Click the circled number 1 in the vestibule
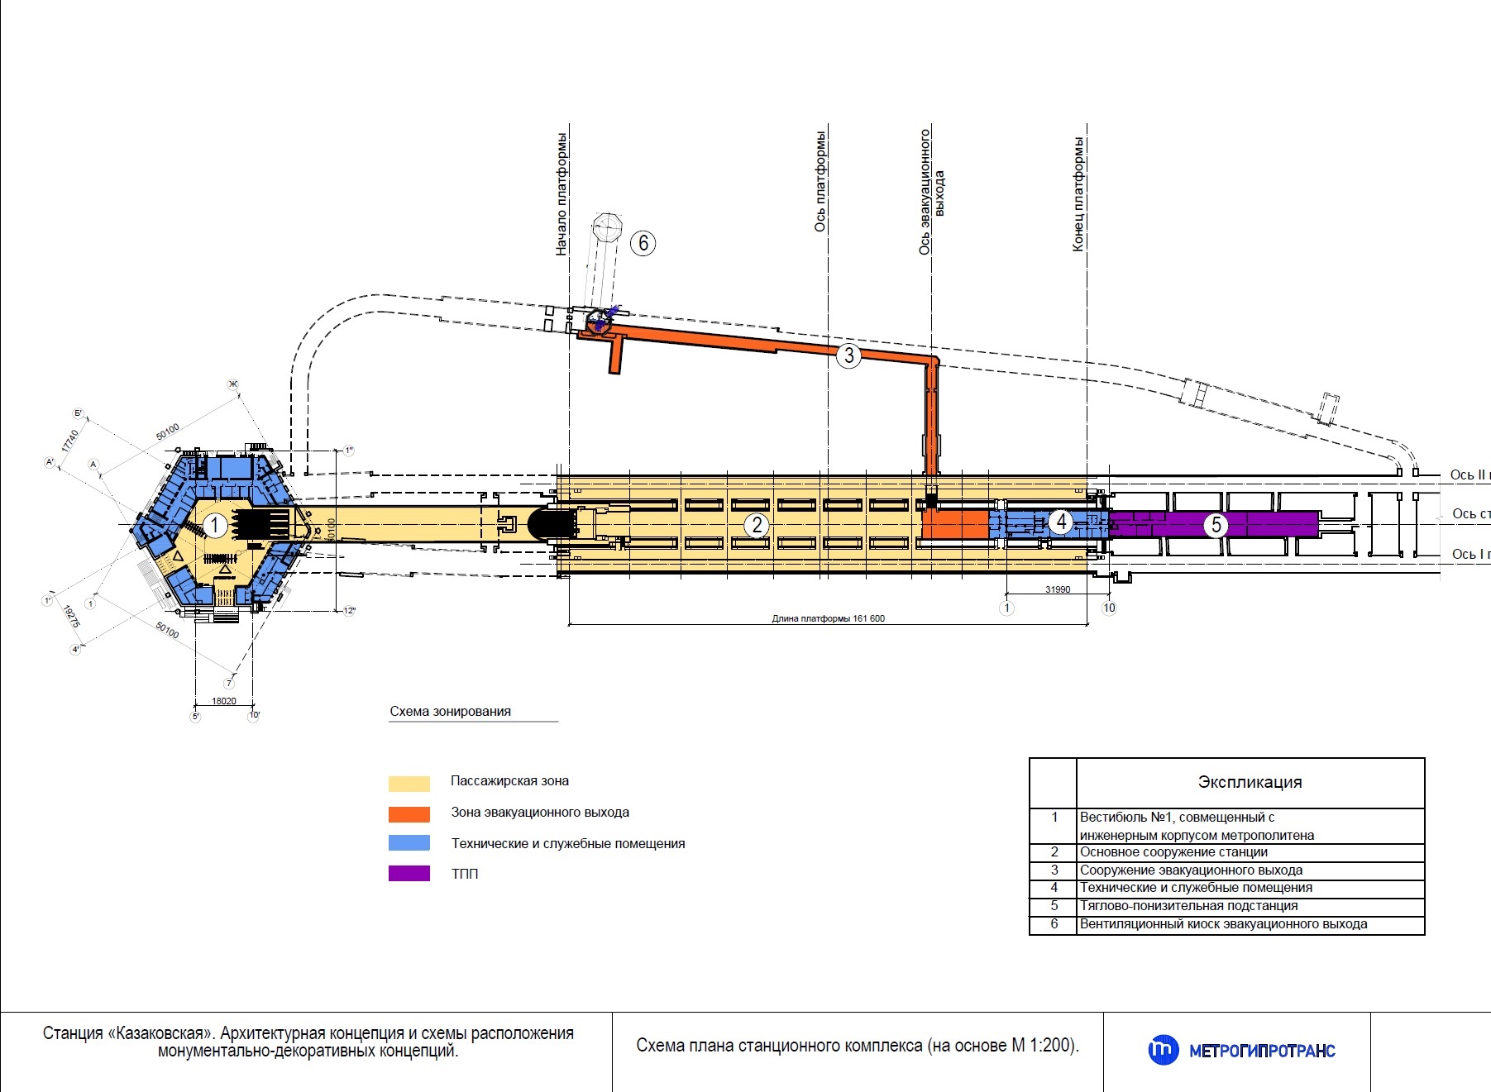click(215, 525)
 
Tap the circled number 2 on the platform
click(756, 525)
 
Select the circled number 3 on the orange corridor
click(848, 355)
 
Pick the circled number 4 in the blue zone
click(1061, 522)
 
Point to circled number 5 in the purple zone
click(1216, 525)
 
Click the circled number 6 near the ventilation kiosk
click(643, 243)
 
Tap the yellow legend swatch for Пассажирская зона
click(409, 783)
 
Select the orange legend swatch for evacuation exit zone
click(409, 814)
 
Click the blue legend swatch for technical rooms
click(409, 843)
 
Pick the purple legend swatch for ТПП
click(409, 874)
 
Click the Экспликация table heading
click(1250, 782)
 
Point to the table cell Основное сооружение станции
click(1173, 852)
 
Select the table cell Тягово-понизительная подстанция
click(1188, 906)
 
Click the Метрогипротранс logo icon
click(1163, 1050)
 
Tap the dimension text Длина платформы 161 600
click(828, 618)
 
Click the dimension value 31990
click(1058, 589)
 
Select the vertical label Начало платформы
click(562, 193)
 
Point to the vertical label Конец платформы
click(1078, 193)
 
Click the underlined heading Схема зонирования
click(450, 712)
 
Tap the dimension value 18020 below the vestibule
click(224, 701)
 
